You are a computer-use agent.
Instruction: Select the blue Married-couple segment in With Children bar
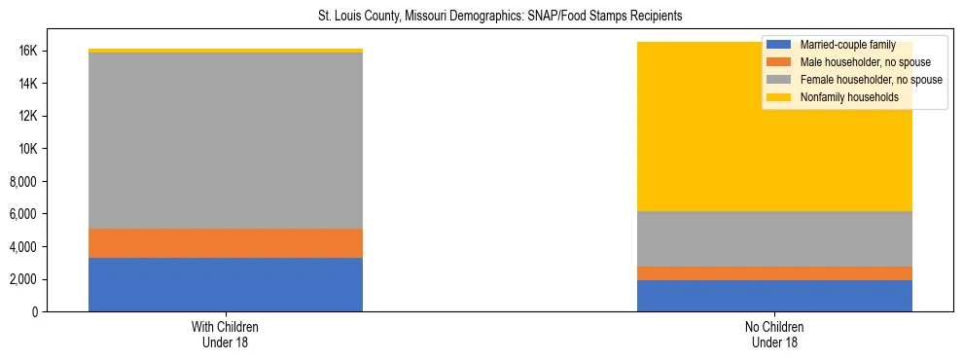click(226, 284)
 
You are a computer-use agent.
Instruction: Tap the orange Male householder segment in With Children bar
click(226, 243)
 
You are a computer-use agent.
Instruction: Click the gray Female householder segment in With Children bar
click(226, 140)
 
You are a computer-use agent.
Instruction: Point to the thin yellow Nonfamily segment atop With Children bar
click(226, 51)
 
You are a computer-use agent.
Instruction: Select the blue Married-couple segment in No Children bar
click(774, 296)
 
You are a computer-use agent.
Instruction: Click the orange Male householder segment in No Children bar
click(774, 273)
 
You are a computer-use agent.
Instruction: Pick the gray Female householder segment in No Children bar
click(774, 238)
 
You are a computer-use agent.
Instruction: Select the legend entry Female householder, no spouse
click(870, 80)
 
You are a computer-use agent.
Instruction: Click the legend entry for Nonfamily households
click(848, 97)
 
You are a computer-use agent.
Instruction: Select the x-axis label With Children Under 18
click(226, 335)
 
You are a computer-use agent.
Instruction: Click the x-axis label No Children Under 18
click(774, 335)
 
